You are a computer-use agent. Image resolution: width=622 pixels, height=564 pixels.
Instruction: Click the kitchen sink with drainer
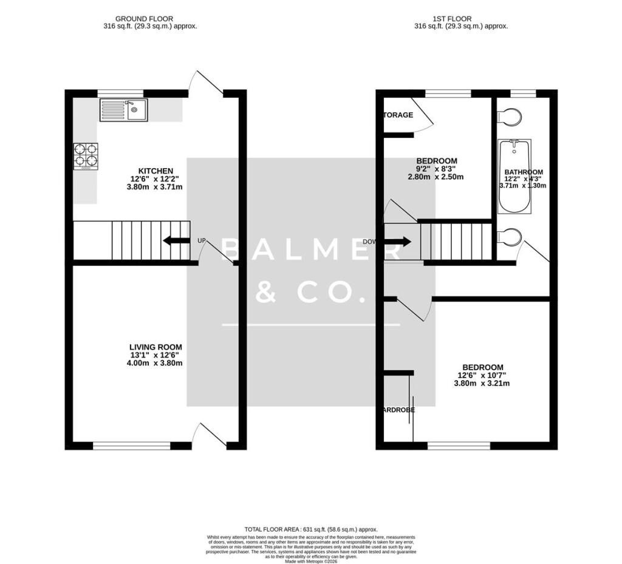click(x=123, y=110)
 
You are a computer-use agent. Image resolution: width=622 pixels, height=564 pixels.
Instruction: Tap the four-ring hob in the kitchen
click(x=86, y=155)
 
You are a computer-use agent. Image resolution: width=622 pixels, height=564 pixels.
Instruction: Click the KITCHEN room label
click(x=155, y=171)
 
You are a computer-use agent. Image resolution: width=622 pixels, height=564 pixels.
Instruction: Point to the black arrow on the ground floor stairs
click(x=176, y=241)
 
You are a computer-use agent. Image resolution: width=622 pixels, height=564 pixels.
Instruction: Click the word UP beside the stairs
click(x=202, y=241)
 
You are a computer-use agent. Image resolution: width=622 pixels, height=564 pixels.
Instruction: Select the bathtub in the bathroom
click(x=514, y=176)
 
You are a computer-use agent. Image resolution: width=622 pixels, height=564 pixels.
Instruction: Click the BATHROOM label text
click(x=524, y=172)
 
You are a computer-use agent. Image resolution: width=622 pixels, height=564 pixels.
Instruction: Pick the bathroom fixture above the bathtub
click(x=509, y=117)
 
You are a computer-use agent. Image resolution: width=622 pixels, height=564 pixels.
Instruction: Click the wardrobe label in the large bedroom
click(x=398, y=410)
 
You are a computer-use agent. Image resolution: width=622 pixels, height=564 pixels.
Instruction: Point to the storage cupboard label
click(x=397, y=115)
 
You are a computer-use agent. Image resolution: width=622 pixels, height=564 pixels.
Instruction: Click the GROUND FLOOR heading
click(x=150, y=19)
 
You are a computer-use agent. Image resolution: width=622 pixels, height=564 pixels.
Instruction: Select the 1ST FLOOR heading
click(x=461, y=19)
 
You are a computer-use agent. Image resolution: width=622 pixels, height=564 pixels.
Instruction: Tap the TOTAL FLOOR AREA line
click(x=311, y=529)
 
